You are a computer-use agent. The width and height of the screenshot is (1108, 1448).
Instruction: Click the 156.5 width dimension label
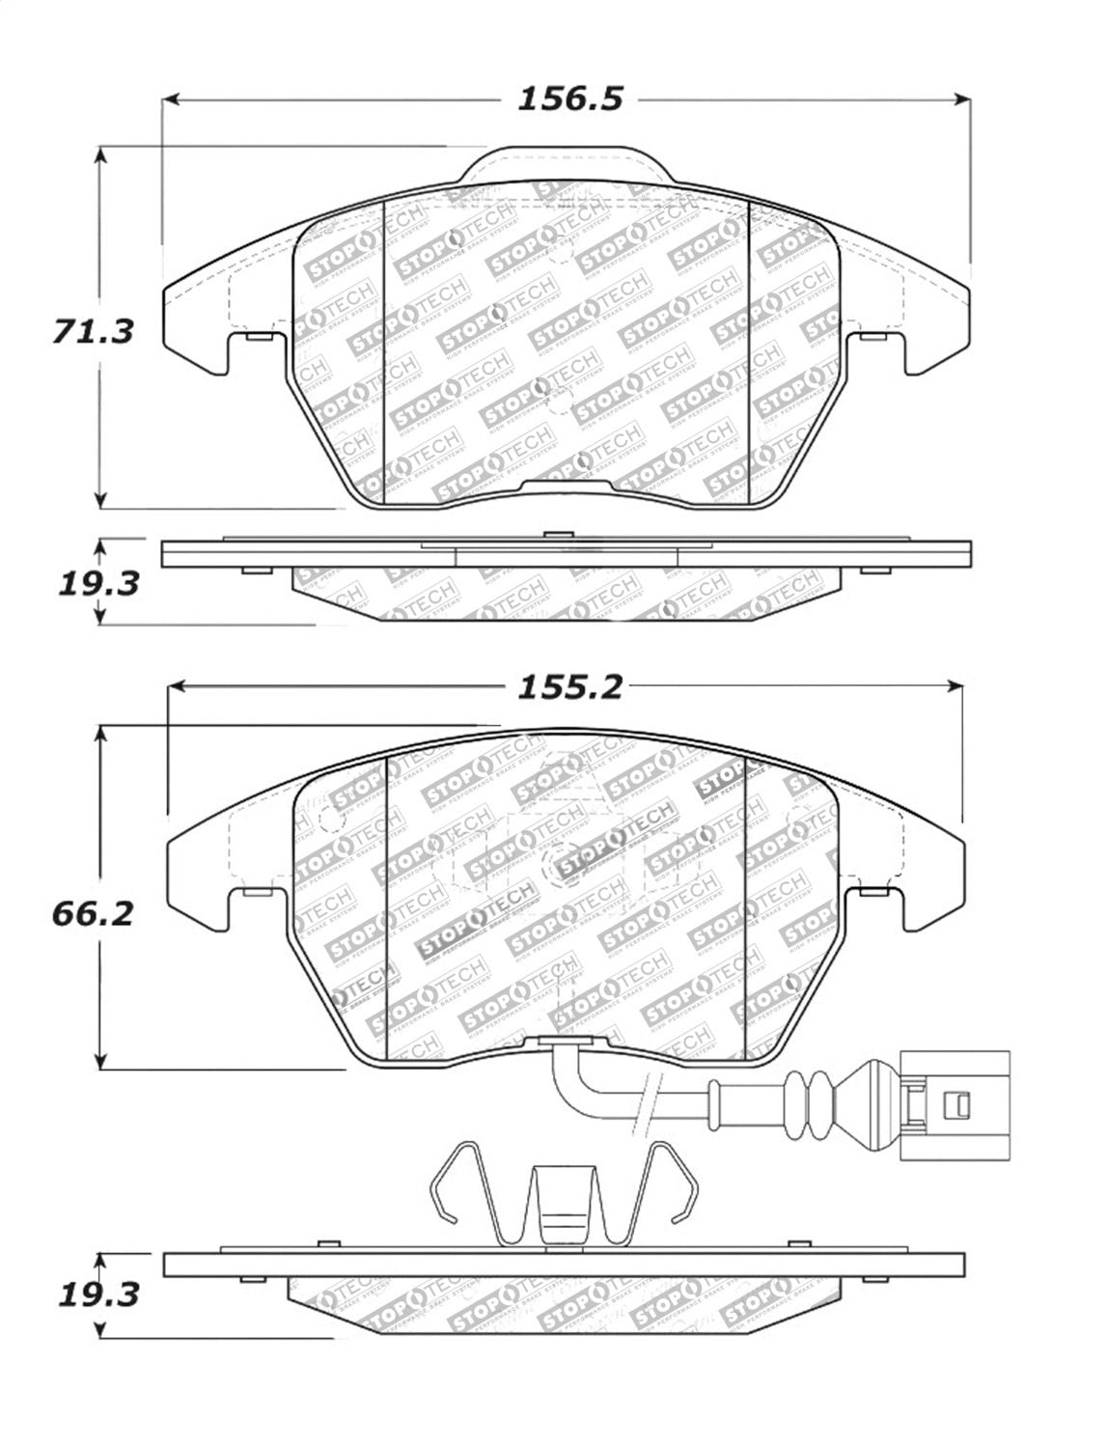click(570, 98)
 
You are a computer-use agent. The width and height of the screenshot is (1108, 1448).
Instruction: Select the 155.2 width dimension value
click(570, 686)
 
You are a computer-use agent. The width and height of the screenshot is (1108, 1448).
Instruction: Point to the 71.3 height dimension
click(92, 331)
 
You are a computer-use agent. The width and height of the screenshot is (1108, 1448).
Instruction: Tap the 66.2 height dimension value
click(92, 911)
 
